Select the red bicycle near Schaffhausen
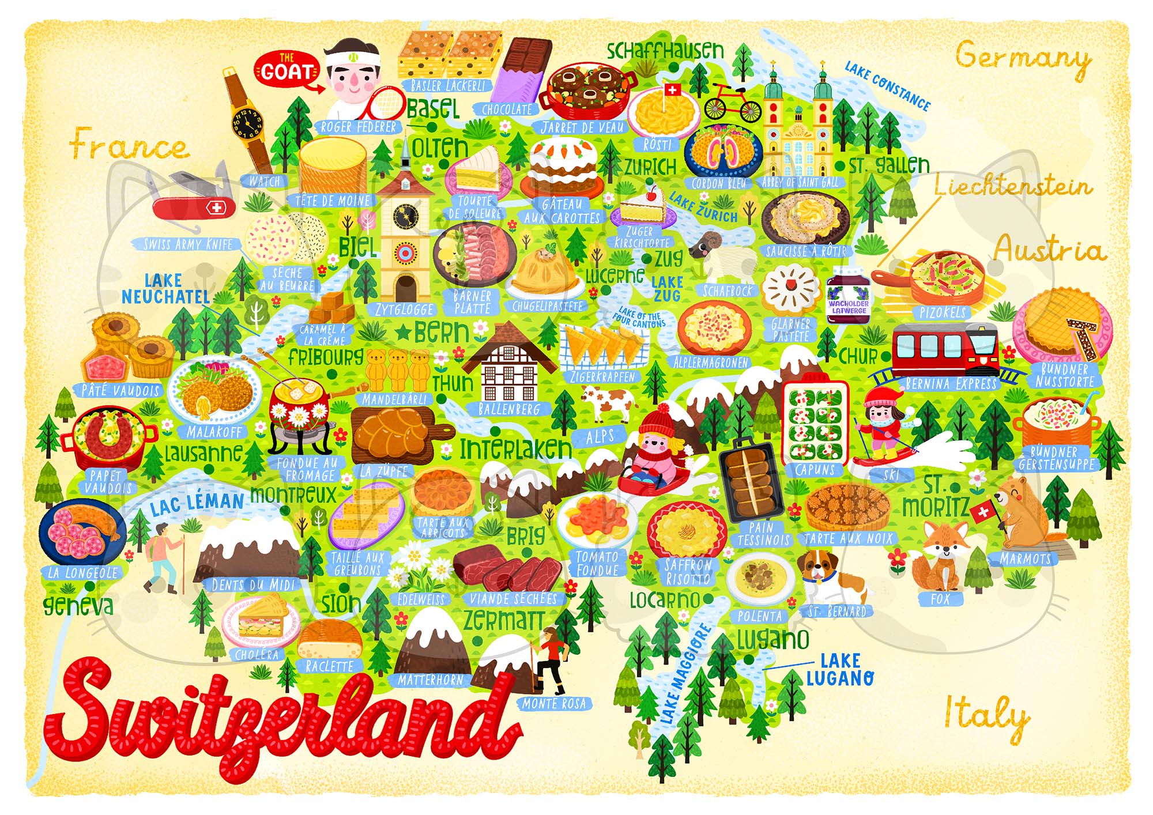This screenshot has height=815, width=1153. pyautogui.click(x=732, y=104)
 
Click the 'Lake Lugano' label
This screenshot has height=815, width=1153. pyautogui.click(x=839, y=669)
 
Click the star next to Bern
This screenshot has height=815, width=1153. pyautogui.click(x=404, y=332)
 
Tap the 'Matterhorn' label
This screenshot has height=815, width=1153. pyautogui.click(x=431, y=680)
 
